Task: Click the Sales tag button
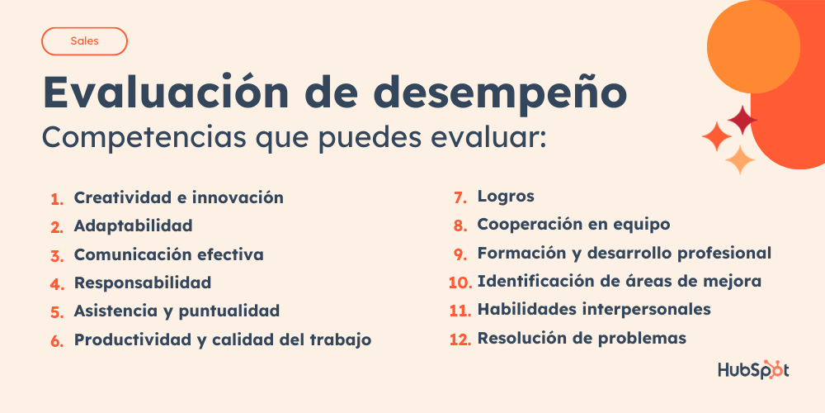pyautogui.click(x=84, y=40)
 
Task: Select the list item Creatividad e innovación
pyautogui.click(x=178, y=198)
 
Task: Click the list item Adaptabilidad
pyautogui.click(x=133, y=225)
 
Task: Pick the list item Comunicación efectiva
pyautogui.click(x=168, y=254)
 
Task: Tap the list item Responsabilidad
pyautogui.click(x=142, y=282)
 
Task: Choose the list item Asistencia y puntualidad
pyautogui.click(x=177, y=311)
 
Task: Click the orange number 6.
pyautogui.click(x=56, y=341)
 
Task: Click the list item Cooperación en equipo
pyautogui.click(x=573, y=225)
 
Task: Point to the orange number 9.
pyautogui.click(x=460, y=254)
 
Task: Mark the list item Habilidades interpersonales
pyautogui.click(x=593, y=310)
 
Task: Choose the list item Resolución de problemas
pyautogui.click(x=581, y=338)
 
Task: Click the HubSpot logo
pyautogui.click(x=753, y=369)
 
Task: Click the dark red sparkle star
pyautogui.click(x=742, y=121)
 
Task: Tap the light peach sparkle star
pyautogui.click(x=740, y=159)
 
